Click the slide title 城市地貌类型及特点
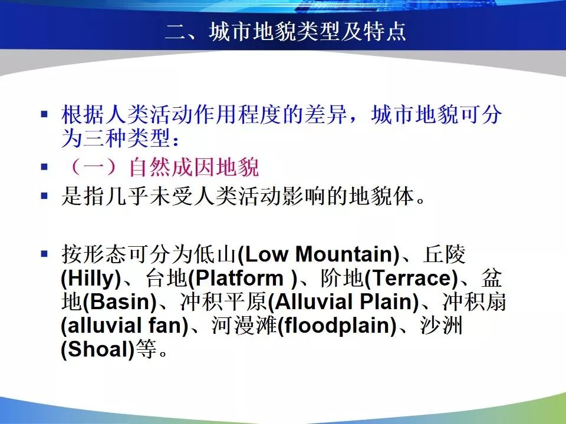click(x=307, y=31)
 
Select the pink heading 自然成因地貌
click(x=195, y=167)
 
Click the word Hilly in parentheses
click(x=91, y=279)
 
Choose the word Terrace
click(x=411, y=278)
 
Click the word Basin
click(x=120, y=302)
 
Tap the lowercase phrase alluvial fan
click(x=125, y=326)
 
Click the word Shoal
click(x=98, y=349)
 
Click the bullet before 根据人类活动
click(x=44, y=115)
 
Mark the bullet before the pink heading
click(x=44, y=167)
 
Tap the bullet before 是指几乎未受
click(x=44, y=196)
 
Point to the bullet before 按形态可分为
click(x=44, y=254)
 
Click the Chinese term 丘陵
click(x=445, y=254)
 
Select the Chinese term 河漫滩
click(x=243, y=326)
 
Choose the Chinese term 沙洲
click(x=442, y=326)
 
